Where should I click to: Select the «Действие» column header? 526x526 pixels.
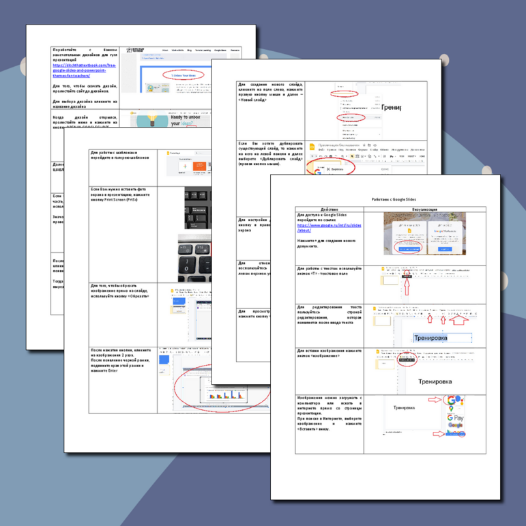click(329, 209)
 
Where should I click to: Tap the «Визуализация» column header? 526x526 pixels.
click(430, 209)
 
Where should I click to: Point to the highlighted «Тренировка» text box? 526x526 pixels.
click(441, 338)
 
